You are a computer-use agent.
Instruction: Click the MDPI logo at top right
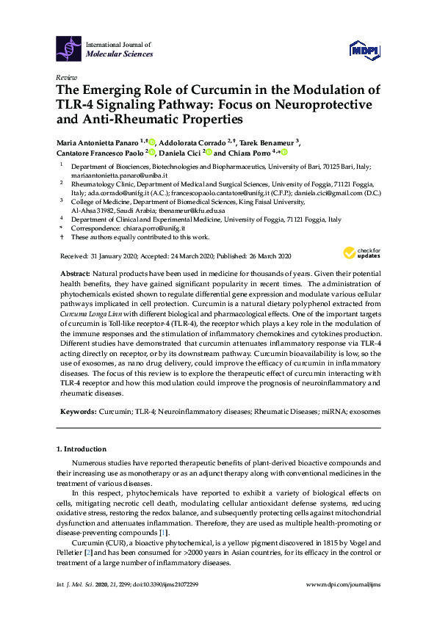[x=366, y=50]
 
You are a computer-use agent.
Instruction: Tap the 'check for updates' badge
[x=359, y=253]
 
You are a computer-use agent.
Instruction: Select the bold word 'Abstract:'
[x=78, y=272]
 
